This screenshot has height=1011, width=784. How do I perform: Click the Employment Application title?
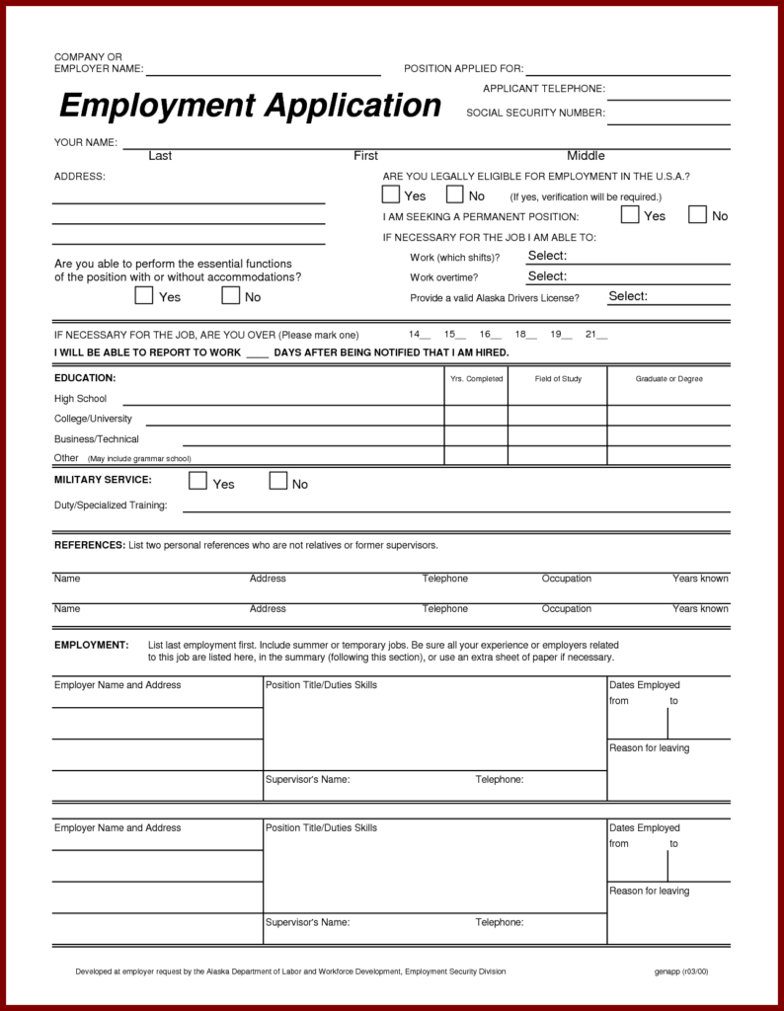pyautogui.click(x=250, y=106)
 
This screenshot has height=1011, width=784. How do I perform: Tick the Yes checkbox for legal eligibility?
pyautogui.click(x=392, y=194)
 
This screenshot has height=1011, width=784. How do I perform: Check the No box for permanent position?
pyautogui.click(x=697, y=214)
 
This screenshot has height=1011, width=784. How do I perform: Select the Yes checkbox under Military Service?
pyautogui.click(x=197, y=482)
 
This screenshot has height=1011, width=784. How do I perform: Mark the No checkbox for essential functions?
pyautogui.click(x=231, y=295)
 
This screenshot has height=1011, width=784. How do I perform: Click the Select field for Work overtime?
pyautogui.click(x=547, y=276)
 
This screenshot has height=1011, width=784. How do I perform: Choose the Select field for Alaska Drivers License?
pyautogui.click(x=628, y=296)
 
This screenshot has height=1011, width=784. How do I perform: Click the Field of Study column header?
pyautogui.click(x=558, y=379)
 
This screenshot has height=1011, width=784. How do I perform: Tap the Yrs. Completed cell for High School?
pyautogui.click(x=476, y=399)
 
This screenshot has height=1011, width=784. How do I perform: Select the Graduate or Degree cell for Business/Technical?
pyautogui.click(x=668, y=439)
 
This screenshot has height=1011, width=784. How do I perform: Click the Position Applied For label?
pyautogui.click(x=463, y=69)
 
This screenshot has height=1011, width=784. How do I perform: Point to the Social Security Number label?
pyautogui.click(x=535, y=113)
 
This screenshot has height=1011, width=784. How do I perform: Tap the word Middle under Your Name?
pyautogui.click(x=586, y=156)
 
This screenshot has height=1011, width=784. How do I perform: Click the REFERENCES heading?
pyautogui.click(x=89, y=545)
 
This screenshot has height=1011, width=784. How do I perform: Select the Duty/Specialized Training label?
pyautogui.click(x=111, y=505)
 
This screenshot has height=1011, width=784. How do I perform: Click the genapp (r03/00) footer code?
pyautogui.click(x=681, y=972)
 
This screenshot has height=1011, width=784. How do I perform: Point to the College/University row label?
pyautogui.click(x=93, y=419)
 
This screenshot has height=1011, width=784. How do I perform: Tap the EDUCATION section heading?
pyautogui.click(x=85, y=378)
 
